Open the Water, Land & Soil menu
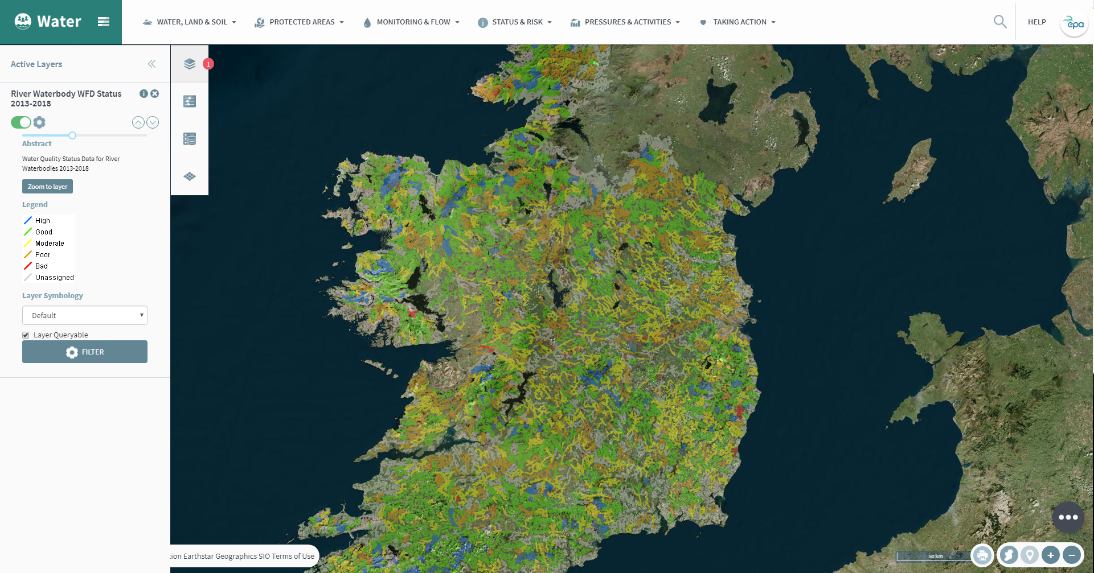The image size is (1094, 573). tap(190, 22)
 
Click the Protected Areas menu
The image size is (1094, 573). tap(300, 22)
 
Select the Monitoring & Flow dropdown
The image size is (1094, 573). tap(411, 22)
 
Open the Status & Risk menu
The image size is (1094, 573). tap(515, 22)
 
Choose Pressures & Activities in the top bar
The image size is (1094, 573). tap(625, 22)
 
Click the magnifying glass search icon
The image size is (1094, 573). tap(1000, 22)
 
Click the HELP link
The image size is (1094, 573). tap(1036, 22)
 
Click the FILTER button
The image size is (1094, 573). tap(85, 352)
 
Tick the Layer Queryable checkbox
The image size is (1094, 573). tap(26, 335)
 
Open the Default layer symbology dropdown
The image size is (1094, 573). tap(85, 315)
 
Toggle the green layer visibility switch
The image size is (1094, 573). tap(21, 122)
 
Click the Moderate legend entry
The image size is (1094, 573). tap(50, 244)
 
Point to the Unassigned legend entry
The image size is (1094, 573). tap(54, 278)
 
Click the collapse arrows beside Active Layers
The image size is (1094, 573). tap(151, 64)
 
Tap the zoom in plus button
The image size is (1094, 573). tap(1051, 555)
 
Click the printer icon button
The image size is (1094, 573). tap(982, 555)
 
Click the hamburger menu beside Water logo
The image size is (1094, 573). tap(104, 22)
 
